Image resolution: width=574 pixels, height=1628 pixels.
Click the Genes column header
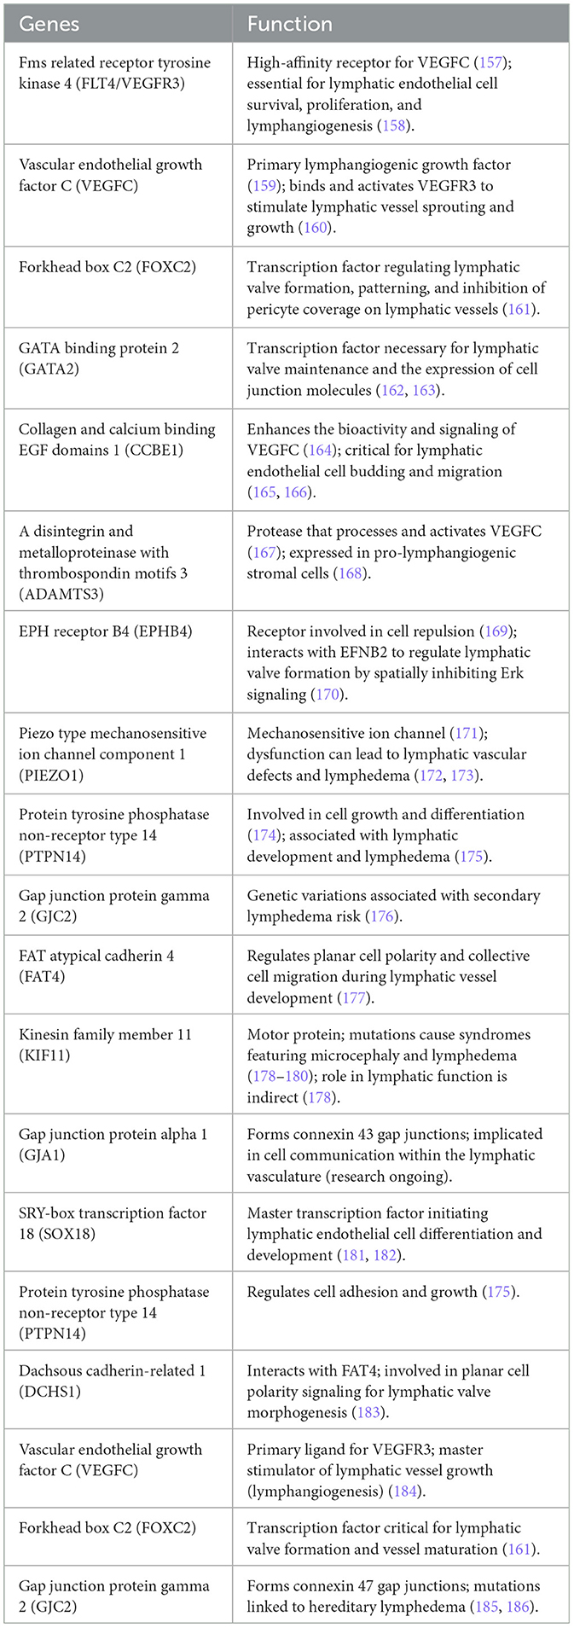click(x=49, y=24)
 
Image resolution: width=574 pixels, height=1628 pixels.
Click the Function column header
click(x=289, y=24)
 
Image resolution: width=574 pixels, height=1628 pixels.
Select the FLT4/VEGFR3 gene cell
click(x=114, y=73)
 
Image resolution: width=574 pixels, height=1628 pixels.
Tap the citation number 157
click(x=491, y=63)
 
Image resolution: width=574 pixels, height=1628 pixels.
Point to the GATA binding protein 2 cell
click(x=99, y=358)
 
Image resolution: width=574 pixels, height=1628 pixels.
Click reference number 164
click(x=321, y=450)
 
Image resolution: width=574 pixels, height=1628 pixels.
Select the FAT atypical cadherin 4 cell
click(x=96, y=966)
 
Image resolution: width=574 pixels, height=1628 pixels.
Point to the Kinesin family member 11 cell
click(x=105, y=1044)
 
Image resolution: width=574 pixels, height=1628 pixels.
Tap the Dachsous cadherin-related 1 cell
click(x=112, y=1381)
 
